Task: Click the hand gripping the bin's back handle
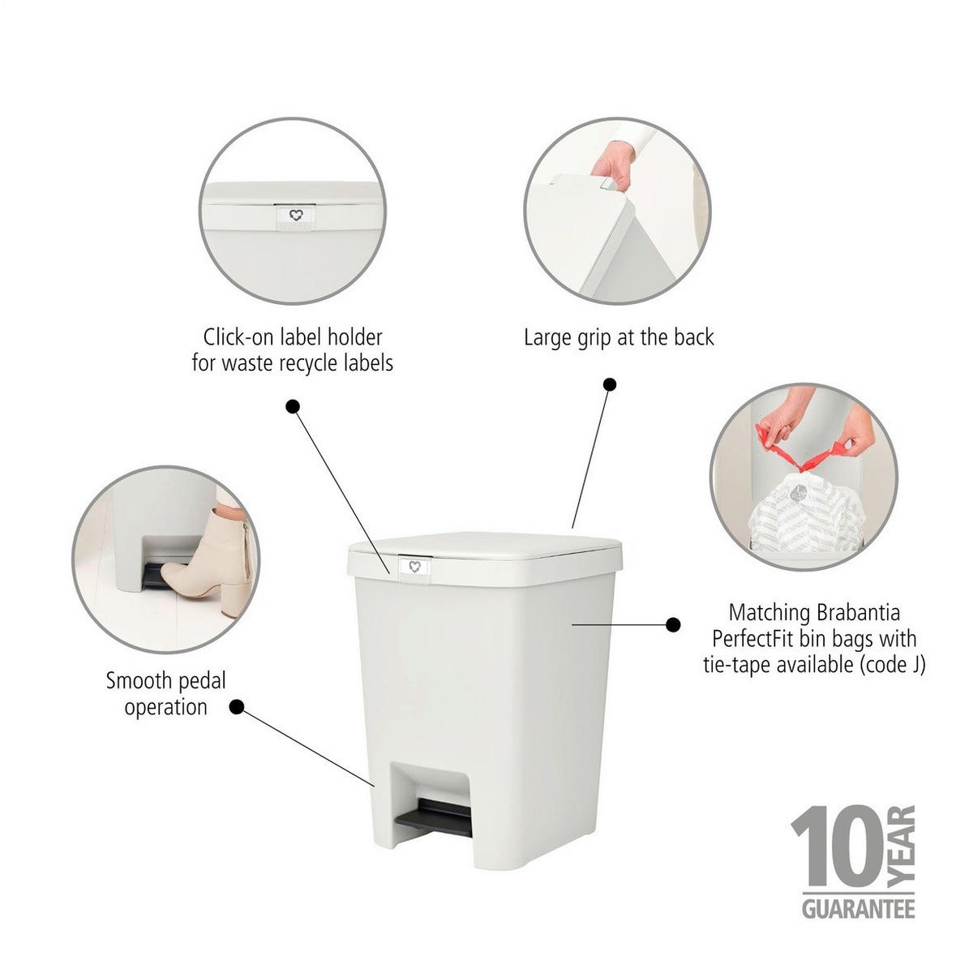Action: (x=612, y=167)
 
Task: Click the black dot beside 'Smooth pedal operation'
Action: (x=236, y=707)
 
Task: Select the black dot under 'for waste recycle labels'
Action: (x=293, y=406)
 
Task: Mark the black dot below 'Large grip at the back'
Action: (x=610, y=385)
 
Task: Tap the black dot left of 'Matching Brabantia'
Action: (x=672, y=625)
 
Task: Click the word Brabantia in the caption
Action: (x=858, y=613)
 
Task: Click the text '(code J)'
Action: (x=892, y=666)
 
